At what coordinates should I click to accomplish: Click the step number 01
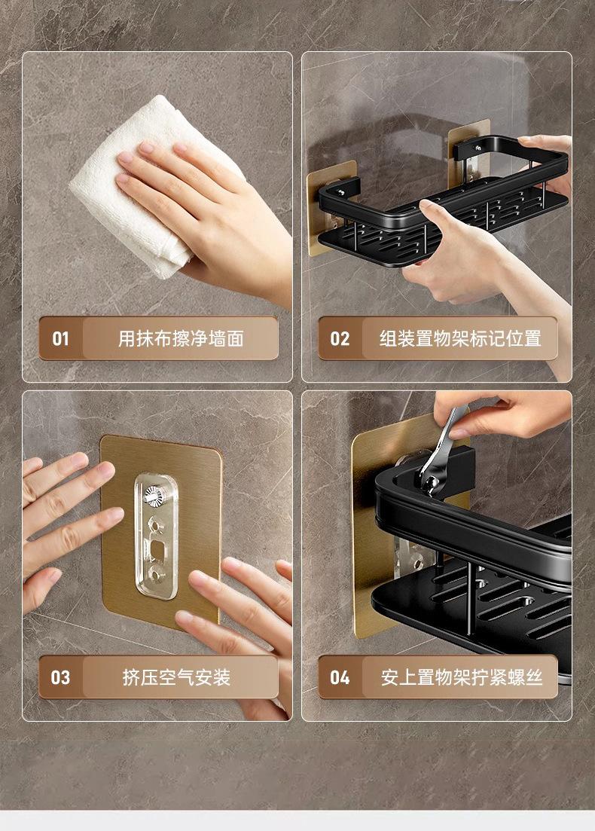pyautogui.click(x=60, y=338)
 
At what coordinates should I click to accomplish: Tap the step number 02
pyautogui.click(x=340, y=338)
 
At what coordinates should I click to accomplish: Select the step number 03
pyautogui.click(x=60, y=677)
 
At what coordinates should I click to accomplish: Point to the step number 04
pyautogui.click(x=340, y=677)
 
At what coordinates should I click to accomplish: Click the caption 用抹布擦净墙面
pyautogui.click(x=181, y=338)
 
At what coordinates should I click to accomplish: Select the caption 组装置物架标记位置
pyautogui.click(x=460, y=338)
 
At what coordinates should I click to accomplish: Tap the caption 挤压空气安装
pyautogui.click(x=176, y=677)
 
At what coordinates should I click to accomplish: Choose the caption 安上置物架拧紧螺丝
pyautogui.click(x=462, y=677)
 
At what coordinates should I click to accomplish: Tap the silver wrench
pyautogui.click(x=442, y=450)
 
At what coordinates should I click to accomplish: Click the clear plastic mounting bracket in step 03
pyautogui.click(x=156, y=536)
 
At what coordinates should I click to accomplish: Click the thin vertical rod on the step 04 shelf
pyautogui.click(x=469, y=599)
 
